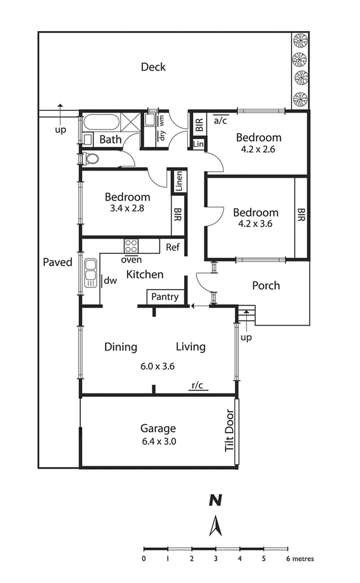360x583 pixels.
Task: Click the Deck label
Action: pos(153,67)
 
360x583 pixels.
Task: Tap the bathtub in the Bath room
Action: pos(101,123)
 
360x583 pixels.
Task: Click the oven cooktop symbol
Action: pos(130,245)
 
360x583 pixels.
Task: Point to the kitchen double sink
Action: pos(90,273)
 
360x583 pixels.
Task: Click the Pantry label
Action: pos(165,297)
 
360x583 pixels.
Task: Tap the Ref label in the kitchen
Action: pos(172,247)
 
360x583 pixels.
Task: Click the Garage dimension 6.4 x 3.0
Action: pos(158,441)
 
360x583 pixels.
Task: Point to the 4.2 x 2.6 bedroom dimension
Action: pos(258,149)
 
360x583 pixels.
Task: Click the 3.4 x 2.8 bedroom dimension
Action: pos(127,209)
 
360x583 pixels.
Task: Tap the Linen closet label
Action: pos(179,181)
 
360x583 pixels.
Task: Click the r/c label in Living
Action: pos(197,386)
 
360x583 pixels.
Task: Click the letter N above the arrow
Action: pos(216,501)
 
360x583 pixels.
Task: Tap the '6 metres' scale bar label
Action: pos(300,558)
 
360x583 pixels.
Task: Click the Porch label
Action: pos(266,286)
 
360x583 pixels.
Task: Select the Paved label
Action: pos(57,262)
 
